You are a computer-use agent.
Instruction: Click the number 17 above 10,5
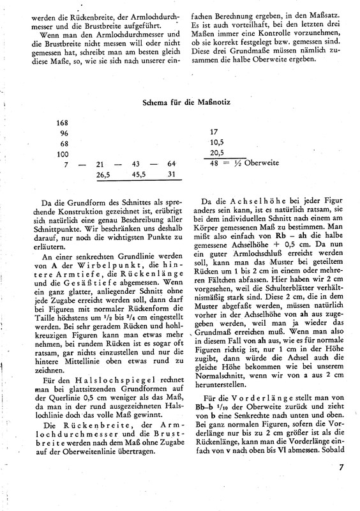coord(215,133)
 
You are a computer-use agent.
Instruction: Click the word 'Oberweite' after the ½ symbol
coord(264,164)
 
